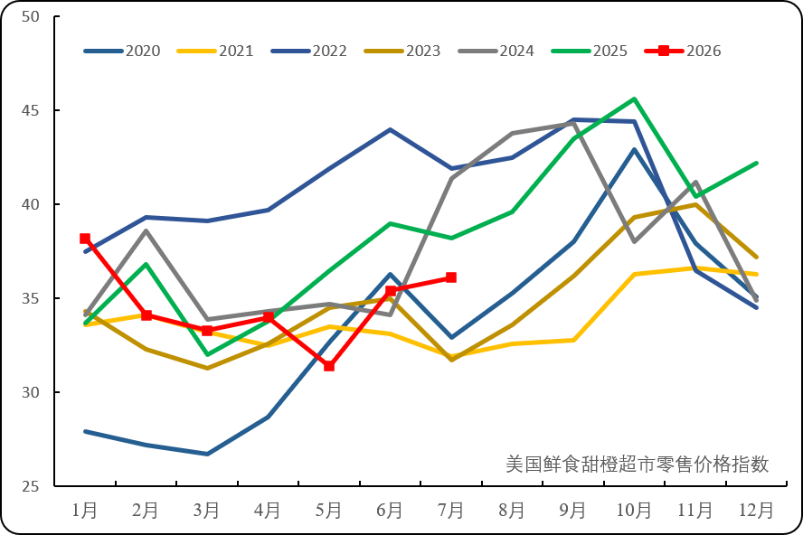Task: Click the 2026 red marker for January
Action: [x=85, y=239]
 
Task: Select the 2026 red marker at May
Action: [x=329, y=366]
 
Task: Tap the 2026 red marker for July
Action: [x=451, y=277]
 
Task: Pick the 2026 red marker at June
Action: [x=391, y=291]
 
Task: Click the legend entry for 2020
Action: [x=122, y=51]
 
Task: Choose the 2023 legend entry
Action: [x=402, y=51]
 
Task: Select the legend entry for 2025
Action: [x=589, y=51]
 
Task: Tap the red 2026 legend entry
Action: [x=683, y=51]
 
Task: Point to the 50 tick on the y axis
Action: [x=31, y=17]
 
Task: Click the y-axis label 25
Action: [x=31, y=486]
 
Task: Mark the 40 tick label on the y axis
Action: [x=31, y=204]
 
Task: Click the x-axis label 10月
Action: [x=634, y=511]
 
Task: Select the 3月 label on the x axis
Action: [x=206, y=511]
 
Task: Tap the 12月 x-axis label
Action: [x=756, y=511]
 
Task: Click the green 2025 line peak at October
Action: [x=635, y=99]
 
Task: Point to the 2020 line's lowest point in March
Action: [x=207, y=454]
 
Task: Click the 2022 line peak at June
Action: [x=391, y=130]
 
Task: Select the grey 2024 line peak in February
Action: [x=146, y=230]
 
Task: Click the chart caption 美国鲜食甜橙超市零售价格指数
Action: [x=638, y=464]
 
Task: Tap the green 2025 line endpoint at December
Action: [x=756, y=164]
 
